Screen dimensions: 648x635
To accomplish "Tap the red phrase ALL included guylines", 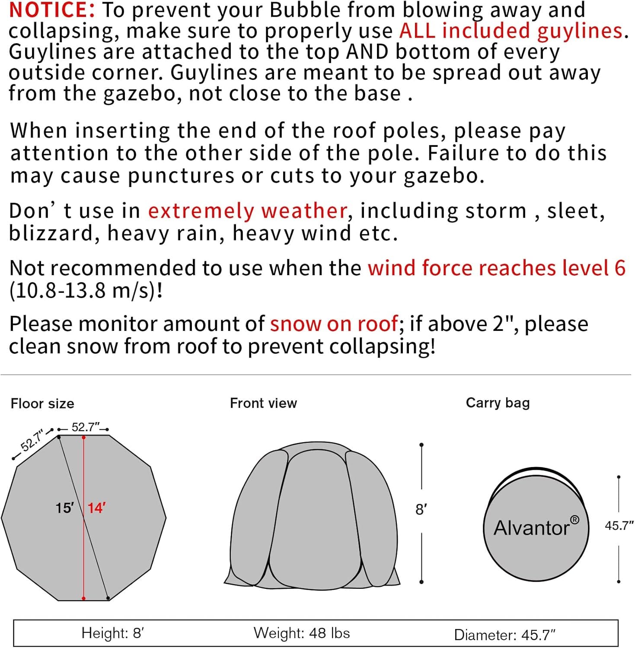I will coord(511,31).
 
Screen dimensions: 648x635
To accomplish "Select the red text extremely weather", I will coord(248,211).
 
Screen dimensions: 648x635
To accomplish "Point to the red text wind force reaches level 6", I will coord(496,268).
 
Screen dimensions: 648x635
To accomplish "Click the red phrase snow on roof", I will coord(334,324).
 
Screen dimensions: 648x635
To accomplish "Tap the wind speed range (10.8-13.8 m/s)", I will coord(86,291).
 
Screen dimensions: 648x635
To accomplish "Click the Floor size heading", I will coord(42,403).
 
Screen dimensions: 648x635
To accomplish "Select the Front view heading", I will coord(263,403).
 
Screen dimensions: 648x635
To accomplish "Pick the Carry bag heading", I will coord(498,403).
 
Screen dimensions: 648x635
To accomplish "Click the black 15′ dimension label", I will coord(64,508).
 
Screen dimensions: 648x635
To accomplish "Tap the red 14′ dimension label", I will coord(97,508).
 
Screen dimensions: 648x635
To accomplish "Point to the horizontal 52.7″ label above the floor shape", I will coord(85,427).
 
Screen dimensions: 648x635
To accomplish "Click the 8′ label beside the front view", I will coord(421,510).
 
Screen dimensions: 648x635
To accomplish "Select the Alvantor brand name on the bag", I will coord(532,528).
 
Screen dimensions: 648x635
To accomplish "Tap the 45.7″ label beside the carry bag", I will coord(619,526).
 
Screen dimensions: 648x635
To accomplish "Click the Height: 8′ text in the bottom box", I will coord(112,633).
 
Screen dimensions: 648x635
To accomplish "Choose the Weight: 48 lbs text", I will coord(302,633).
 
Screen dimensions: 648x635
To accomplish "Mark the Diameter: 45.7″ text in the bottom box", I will coord(504,635).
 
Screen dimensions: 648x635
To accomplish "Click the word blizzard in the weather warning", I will coord(51,234).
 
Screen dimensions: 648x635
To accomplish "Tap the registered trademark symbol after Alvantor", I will coord(574,520).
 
